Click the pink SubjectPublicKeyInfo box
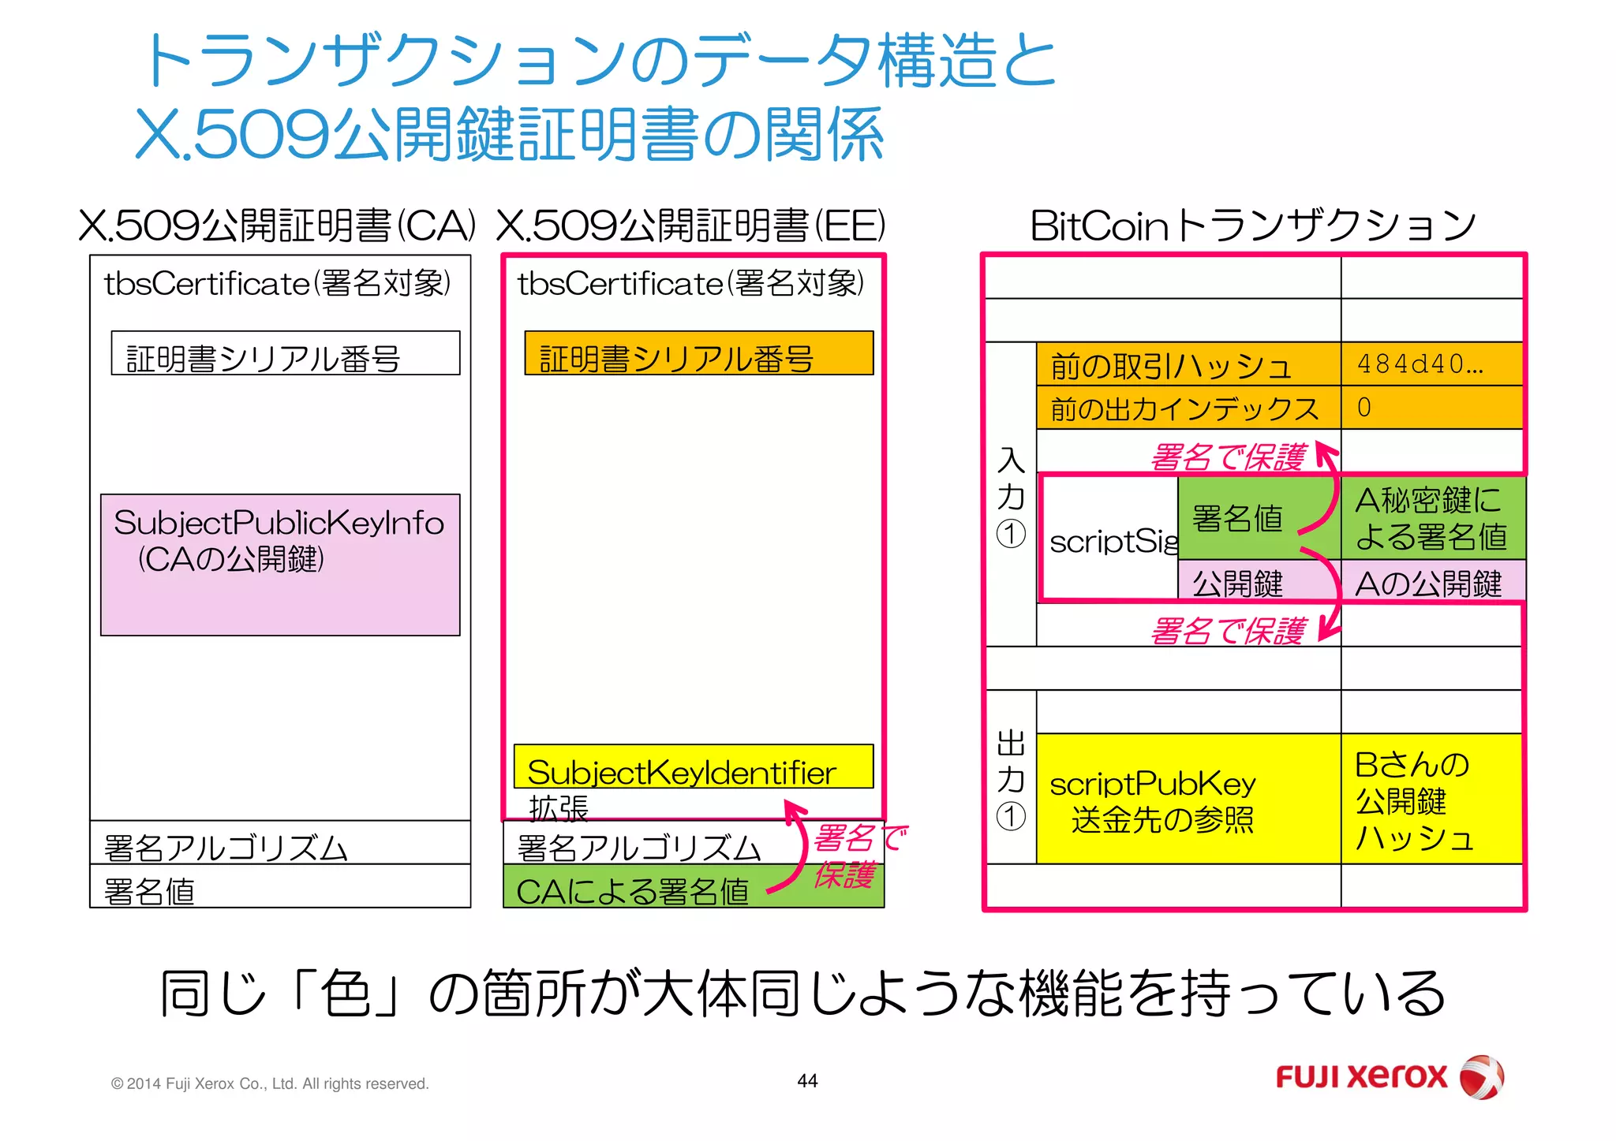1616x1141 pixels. coord(280,565)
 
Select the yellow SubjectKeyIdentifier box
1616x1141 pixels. coord(693,766)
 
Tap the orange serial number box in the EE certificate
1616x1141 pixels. coord(698,353)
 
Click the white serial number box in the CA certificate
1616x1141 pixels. coord(285,353)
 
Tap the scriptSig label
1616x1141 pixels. coord(1111,541)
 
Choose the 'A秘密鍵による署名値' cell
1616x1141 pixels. coord(1431,518)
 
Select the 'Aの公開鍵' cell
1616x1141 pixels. coord(1431,583)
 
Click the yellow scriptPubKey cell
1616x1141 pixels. coord(1188,800)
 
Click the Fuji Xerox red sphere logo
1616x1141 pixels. coord(1481,1076)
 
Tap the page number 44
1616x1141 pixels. coord(807,1081)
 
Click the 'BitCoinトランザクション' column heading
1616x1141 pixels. coord(1252,226)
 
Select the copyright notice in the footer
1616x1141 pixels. coord(270,1083)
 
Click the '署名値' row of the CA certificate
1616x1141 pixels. coord(280,888)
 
